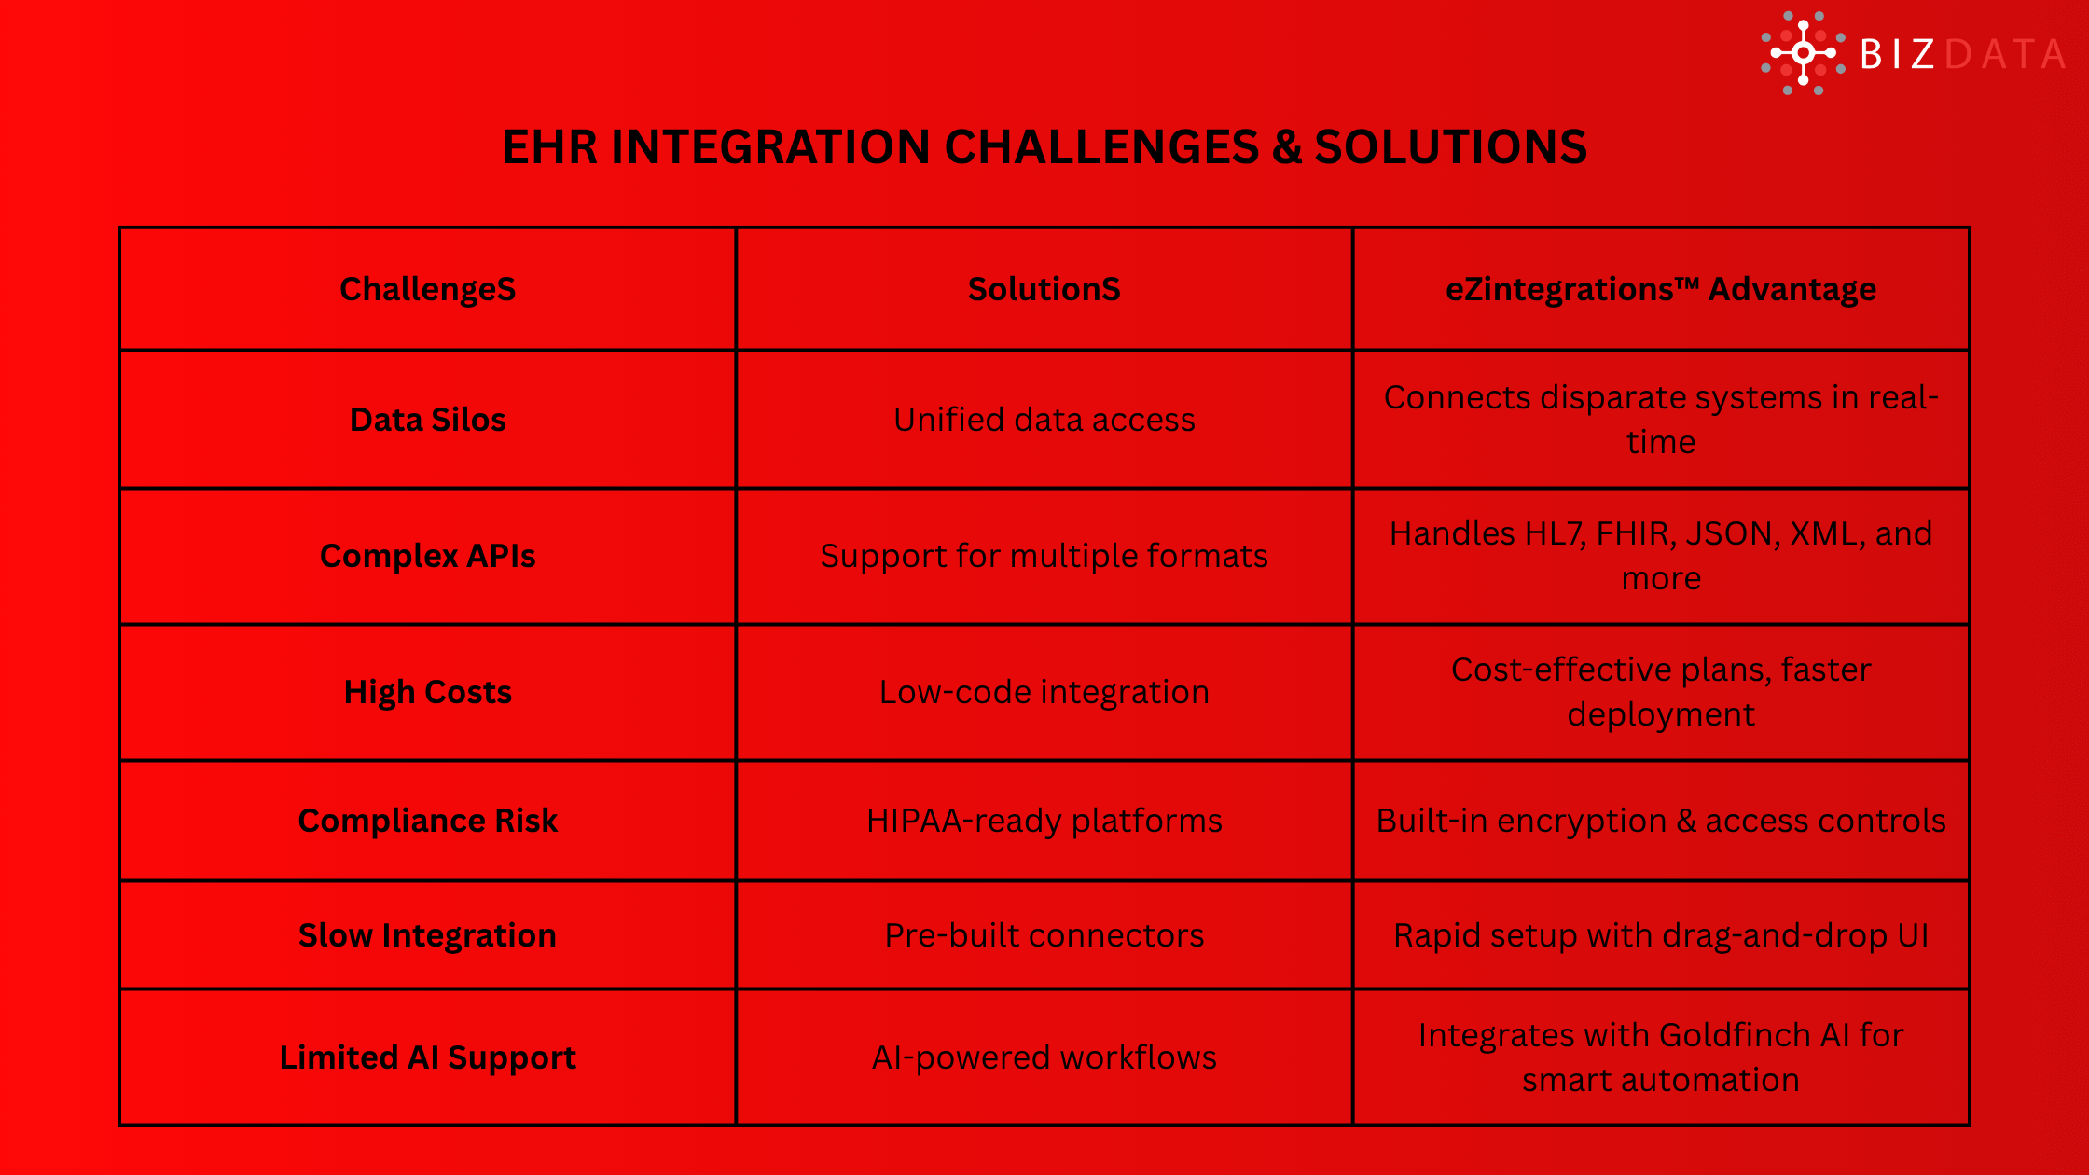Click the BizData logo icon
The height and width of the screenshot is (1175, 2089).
tap(1803, 53)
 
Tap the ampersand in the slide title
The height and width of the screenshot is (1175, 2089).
tap(1287, 147)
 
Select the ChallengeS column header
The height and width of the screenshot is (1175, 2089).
tap(427, 289)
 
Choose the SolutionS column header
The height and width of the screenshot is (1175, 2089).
tap(1044, 289)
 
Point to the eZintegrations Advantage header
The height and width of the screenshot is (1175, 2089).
tap(1660, 289)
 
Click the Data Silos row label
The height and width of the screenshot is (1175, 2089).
tap(427, 420)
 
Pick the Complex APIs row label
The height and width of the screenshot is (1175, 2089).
tap(427, 556)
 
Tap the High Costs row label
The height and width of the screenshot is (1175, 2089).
tap(427, 692)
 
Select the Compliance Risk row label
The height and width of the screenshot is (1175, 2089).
tap(427, 821)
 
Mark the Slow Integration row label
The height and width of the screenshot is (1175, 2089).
tap(427, 935)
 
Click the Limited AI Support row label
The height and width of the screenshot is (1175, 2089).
tap(427, 1057)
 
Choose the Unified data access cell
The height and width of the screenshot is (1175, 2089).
tap(1044, 420)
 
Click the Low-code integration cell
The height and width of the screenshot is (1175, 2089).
tap(1044, 692)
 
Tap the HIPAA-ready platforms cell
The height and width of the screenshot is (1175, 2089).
tap(1044, 821)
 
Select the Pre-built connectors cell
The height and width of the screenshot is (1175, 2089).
tap(1044, 935)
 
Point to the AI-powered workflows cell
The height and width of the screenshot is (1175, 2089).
tap(1044, 1057)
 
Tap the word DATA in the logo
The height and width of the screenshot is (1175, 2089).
tap(2005, 54)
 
